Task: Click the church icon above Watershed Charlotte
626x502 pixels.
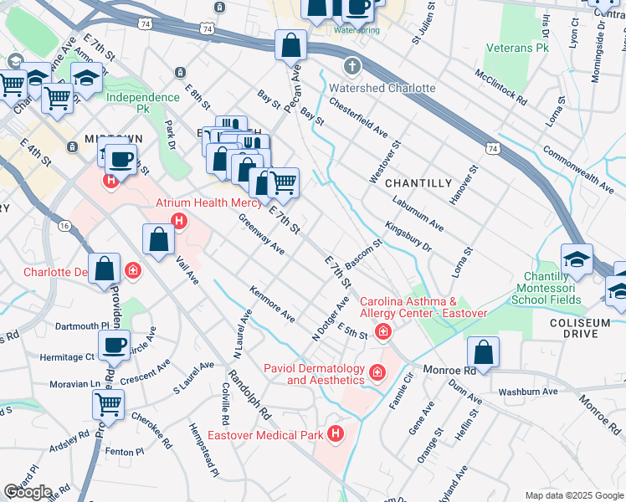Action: tap(352, 65)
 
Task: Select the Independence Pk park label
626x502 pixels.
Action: tap(142, 97)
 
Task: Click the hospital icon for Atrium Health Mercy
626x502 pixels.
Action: tap(178, 222)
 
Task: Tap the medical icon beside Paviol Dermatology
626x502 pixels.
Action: tap(377, 371)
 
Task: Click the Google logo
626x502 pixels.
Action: tap(28, 492)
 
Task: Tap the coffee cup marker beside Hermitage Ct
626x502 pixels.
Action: tap(114, 343)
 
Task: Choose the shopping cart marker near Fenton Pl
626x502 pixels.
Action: tap(109, 404)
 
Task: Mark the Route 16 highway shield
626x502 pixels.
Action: tap(64, 226)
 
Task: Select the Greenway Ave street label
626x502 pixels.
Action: tap(261, 236)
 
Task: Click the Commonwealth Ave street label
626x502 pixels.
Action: tap(578, 166)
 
